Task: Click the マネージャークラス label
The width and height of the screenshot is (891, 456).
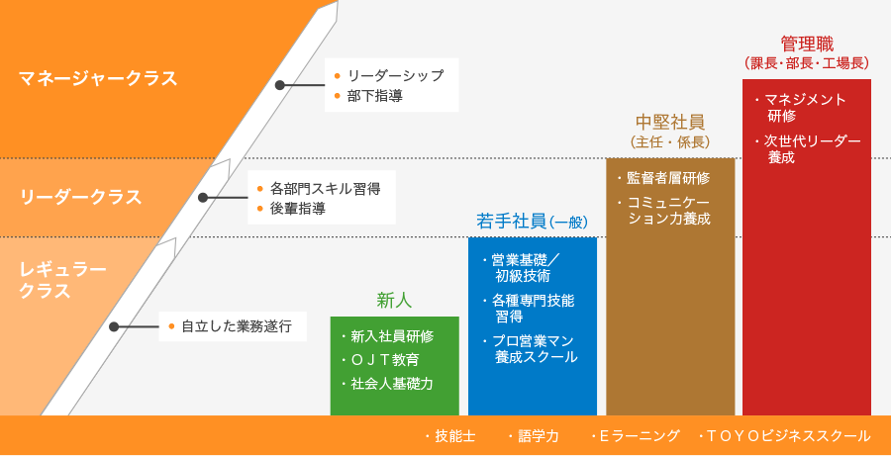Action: [x=98, y=78]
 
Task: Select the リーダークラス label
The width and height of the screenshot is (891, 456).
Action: [x=80, y=197]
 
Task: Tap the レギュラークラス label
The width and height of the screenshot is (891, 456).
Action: [x=62, y=279]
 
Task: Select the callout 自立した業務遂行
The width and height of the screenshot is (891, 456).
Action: [x=233, y=326]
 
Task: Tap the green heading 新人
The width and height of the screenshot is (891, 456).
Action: [x=394, y=301]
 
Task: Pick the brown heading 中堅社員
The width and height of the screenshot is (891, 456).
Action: [x=670, y=122]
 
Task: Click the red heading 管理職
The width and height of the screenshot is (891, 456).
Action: [x=807, y=44]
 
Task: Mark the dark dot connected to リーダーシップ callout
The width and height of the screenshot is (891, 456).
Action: [x=279, y=85]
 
